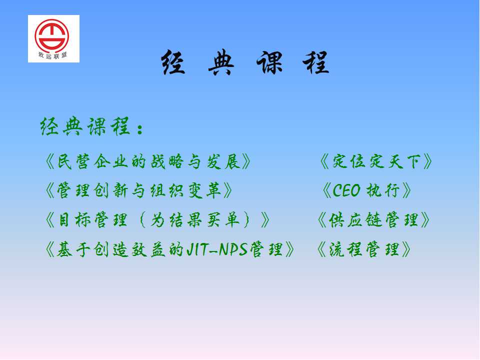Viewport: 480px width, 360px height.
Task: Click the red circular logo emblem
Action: click(51, 36)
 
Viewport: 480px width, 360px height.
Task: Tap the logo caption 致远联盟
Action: click(52, 55)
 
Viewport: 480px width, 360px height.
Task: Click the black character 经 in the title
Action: click(173, 62)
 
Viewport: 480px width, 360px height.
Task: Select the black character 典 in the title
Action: click(221, 62)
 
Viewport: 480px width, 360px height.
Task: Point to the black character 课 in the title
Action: click(269, 62)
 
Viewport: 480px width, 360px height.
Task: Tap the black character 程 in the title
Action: click(316, 62)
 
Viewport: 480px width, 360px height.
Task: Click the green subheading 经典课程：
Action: click(91, 126)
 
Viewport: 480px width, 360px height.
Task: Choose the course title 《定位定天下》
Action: click(376, 161)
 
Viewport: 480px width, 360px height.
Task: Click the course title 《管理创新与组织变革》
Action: click(138, 190)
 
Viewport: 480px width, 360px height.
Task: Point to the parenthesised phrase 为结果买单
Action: click(194, 220)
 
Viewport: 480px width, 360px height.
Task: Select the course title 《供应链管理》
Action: click(373, 220)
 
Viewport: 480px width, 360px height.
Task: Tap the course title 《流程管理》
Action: click(364, 249)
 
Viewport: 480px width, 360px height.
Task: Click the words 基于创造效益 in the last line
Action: click(110, 249)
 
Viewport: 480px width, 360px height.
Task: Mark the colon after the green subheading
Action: click(140, 129)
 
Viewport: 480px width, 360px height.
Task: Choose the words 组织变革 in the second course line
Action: click(185, 190)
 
